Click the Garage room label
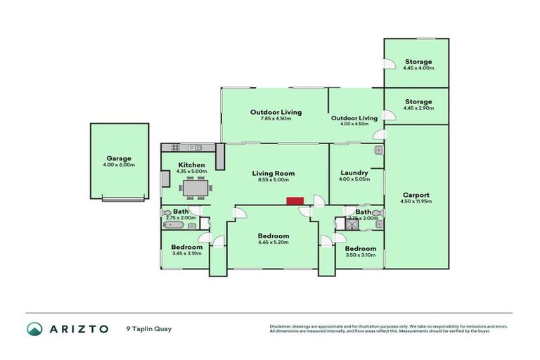[x=119, y=158]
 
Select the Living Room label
[x=274, y=173]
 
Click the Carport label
[x=416, y=195]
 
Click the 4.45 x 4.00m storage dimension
[x=418, y=68]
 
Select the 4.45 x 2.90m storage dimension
[x=418, y=108]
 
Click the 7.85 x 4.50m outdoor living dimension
[x=276, y=119]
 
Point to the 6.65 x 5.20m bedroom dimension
[x=273, y=243]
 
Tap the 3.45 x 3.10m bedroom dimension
[x=187, y=253]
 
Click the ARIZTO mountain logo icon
[x=34, y=328]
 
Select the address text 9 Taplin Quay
[x=148, y=328]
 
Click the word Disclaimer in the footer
[x=279, y=326]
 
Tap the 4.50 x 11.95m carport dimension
[x=416, y=202]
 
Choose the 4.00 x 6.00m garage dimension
[x=119, y=165]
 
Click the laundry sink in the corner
[x=378, y=150]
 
